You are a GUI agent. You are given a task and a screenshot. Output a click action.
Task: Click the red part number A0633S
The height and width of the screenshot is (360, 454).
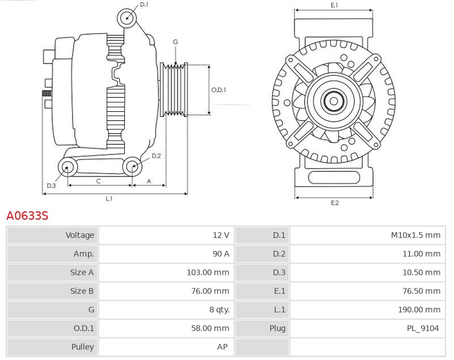[x=27, y=216]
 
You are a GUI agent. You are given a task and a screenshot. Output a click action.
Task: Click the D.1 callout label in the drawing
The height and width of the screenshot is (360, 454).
[x=144, y=5]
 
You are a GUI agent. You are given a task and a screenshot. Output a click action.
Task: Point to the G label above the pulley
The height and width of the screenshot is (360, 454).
[x=175, y=42]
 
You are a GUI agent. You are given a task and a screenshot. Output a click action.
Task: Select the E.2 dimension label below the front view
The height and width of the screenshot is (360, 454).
[x=334, y=203]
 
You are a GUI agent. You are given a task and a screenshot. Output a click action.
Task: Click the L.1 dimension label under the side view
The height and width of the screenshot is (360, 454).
[x=109, y=199]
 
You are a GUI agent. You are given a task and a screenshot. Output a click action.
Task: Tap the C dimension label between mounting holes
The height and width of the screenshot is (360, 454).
[x=98, y=181]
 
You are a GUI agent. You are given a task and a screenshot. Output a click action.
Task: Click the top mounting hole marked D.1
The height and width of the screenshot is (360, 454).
[x=127, y=18]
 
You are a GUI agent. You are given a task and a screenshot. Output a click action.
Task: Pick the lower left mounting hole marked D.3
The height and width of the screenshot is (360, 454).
[x=68, y=167]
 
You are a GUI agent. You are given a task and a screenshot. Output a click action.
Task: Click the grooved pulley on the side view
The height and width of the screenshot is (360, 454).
[x=175, y=89]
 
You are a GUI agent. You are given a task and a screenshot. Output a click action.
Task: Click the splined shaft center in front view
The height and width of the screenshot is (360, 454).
[x=334, y=102]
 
